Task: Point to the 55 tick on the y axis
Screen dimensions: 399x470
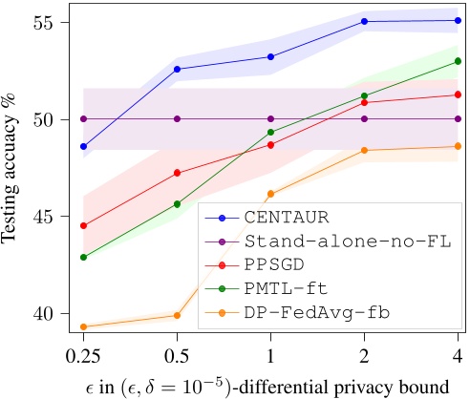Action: click(x=50, y=22)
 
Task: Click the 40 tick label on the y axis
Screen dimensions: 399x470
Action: click(x=50, y=313)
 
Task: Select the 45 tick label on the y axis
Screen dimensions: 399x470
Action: click(x=50, y=216)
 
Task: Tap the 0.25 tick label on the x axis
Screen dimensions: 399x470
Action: click(x=84, y=356)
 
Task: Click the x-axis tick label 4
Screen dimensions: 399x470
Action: click(x=459, y=356)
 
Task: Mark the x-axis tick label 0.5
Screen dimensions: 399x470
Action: click(x=177, y=356)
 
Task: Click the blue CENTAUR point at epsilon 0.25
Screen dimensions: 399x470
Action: click(x=84, y=147)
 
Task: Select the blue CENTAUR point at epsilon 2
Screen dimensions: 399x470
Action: click(x=365, y=21)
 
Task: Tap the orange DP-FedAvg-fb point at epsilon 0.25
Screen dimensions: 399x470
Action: click(x=84, y=326)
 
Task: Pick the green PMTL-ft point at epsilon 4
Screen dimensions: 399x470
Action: click(x=459, y=61)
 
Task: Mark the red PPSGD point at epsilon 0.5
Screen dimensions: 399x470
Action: click(x=177, y=173)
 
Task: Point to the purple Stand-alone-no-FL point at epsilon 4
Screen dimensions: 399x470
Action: click(x=459, y=118)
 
